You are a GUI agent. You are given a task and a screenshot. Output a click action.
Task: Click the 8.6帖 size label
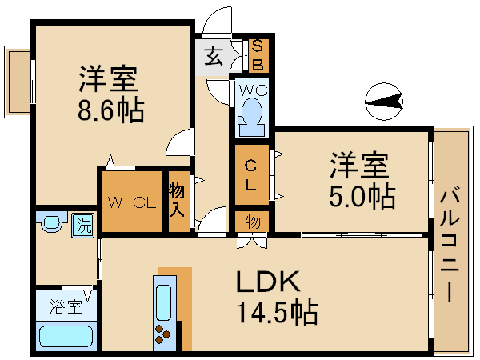[112, 110]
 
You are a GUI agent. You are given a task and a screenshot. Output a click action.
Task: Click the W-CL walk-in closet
[131, 202]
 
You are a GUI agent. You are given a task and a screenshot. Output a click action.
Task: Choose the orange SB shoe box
[258, 55]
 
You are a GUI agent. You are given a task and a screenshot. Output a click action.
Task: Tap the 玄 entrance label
[213, 57]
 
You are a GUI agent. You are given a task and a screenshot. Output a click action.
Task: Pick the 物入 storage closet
[178, 201]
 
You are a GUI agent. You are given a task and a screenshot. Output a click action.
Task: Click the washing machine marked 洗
[83, 225]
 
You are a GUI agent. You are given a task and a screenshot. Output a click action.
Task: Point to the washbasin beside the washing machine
[52, 222]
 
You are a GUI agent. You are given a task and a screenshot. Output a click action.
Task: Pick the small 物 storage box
[252, 220]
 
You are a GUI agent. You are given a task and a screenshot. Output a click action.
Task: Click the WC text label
[251, 87]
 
